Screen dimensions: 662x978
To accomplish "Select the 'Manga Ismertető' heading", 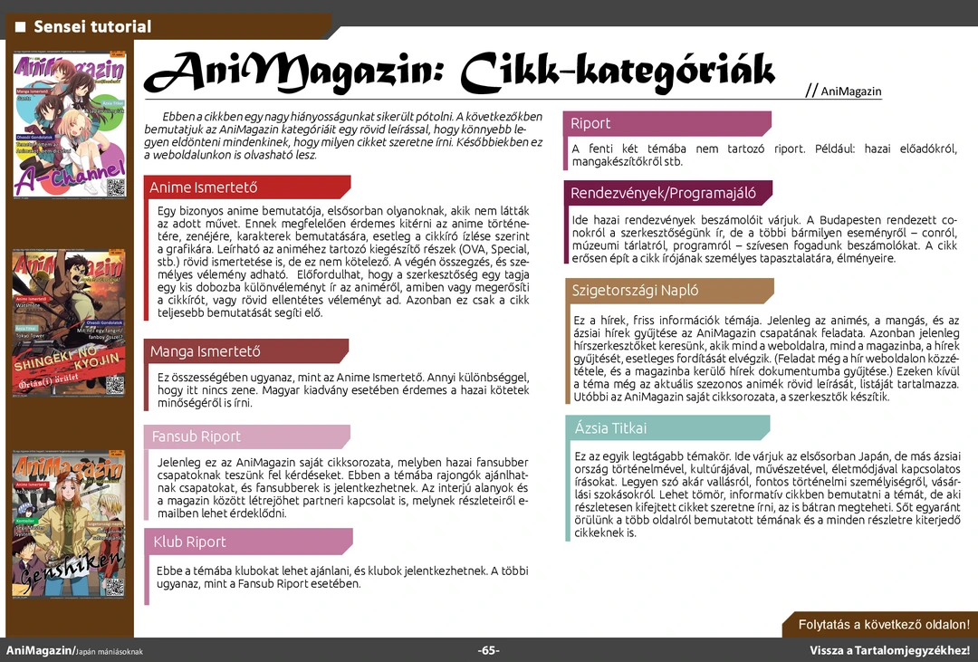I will pyautogui.click(x=206, y=351).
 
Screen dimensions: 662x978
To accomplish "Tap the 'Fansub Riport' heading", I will pyautogui.click(x=197, y=437).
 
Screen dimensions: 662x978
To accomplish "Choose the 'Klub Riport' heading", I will pyautogui.click(x=189, y=542).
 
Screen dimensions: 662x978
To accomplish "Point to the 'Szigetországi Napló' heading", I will pyautogui.click(x=635, y=291).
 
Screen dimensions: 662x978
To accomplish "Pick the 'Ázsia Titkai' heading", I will pyautogui.click(x=610, y=427).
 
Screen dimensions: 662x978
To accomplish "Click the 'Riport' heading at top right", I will pyautogui.click(x=590, y=123).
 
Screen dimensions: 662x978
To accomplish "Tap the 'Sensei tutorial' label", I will pyautogui.click(x=92, y=26).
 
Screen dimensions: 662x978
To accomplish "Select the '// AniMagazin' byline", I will pyautogui.click(x=843, y=91).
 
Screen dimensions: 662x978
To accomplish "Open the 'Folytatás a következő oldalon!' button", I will pyautogui.click(x=884, y=625).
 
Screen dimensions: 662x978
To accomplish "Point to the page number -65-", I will pyautogui.click(x=489, y=651).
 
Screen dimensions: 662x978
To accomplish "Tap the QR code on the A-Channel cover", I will pyautogui.click(x=116, y=187).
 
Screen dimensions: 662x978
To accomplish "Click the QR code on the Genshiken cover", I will pyautogui.click(x=115, y=586).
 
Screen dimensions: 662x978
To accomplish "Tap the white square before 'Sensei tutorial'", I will pyautogui.click(x=20, y=26).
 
